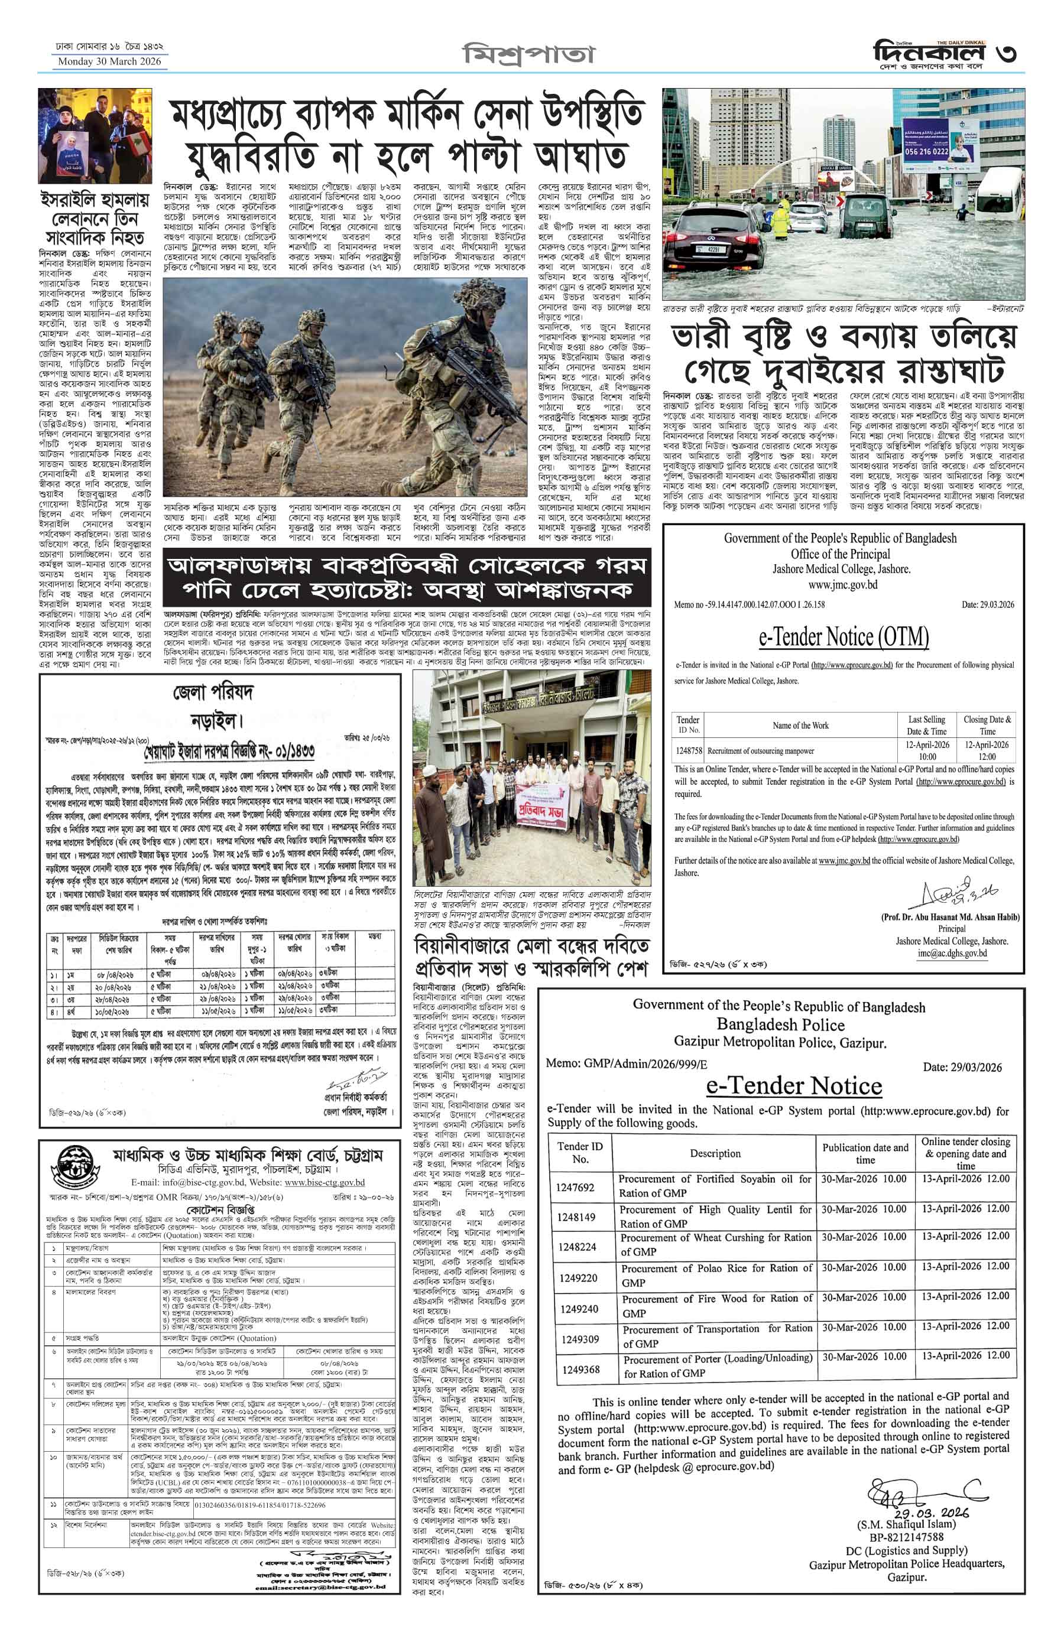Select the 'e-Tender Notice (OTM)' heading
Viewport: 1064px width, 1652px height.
[x=844, y=636]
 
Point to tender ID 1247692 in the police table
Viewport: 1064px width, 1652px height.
[x=576, y=1186]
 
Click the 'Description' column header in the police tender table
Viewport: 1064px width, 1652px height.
[x=715, y=1153]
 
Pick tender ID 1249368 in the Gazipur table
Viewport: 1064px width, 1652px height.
[x=580, y=1369]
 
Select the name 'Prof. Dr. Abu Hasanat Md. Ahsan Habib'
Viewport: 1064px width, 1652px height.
[x=950, y=916]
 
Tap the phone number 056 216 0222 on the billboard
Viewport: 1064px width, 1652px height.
[x=926, y=151]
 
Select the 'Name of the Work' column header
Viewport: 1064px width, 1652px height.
[x=801, y=725]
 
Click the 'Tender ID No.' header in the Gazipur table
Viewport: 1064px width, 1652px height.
[x=580, y=1153]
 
